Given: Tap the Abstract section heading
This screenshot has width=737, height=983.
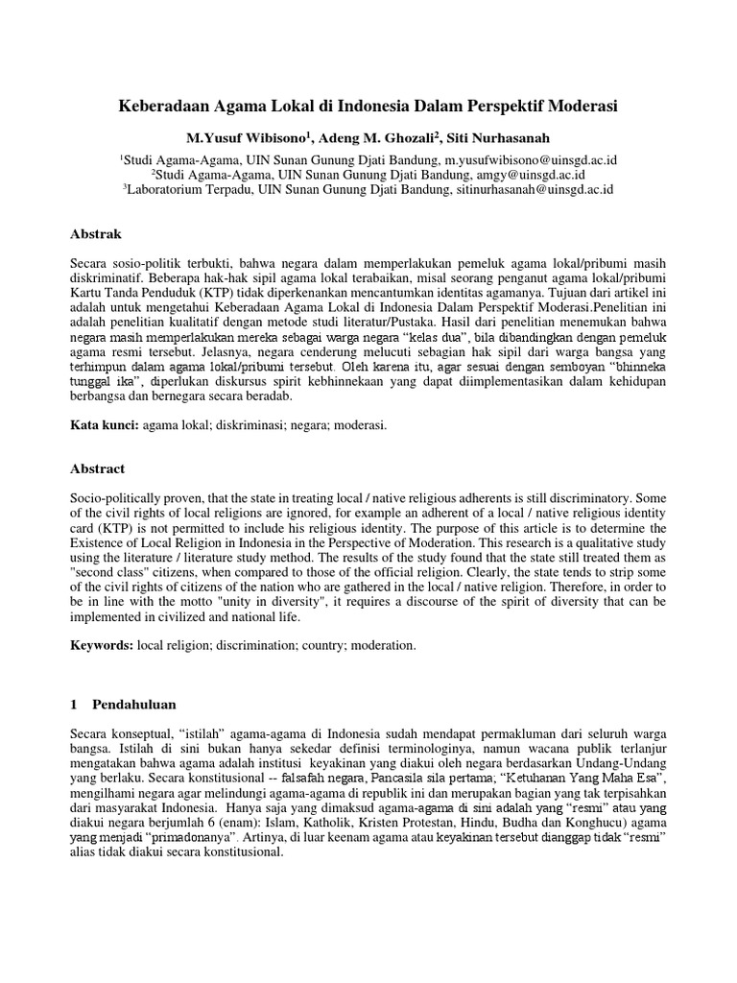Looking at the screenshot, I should tap(99, 468).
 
